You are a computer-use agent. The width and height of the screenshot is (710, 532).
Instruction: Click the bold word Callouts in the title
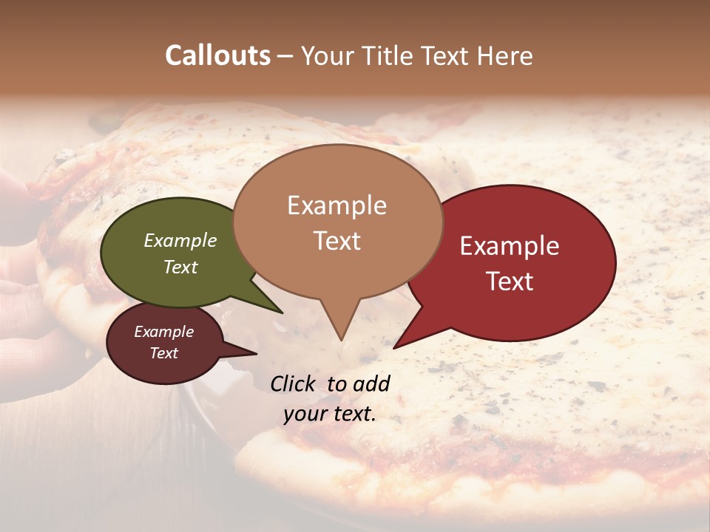pyautogui.click(x=217, y=55)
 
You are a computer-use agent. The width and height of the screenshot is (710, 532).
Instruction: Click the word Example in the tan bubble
pyautogui.click(x=337, y=205)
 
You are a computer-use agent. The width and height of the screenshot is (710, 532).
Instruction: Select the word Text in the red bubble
pyautogui.click(x=510, y=282)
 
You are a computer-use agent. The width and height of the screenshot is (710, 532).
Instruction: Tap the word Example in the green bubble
pyautogui.click(x=180, y=241)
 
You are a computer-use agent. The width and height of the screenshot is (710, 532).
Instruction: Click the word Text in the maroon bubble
pyautogui.click(x=164, y=353)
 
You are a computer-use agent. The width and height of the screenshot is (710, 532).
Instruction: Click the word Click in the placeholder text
pyautogui.click(x=293, y=383)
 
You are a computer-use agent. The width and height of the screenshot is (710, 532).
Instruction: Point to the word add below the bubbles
pyautogui.click(x=372, y=383)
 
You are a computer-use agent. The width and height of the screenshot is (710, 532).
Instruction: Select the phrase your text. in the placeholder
pyautogui.click(x=330, y=414)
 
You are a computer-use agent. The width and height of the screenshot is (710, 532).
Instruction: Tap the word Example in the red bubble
pyautogui.click(x=510, y=246)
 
